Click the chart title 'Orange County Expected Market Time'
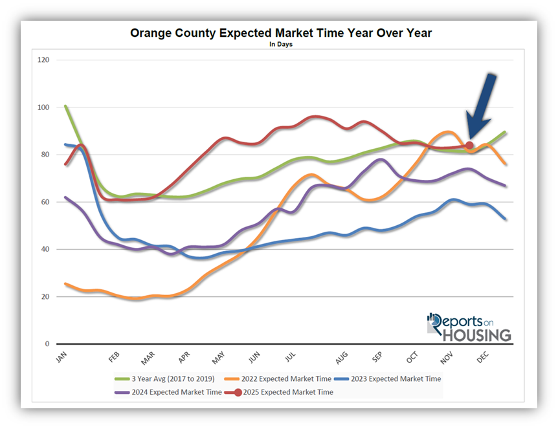[280, 33]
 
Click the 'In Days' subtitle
[280, 45]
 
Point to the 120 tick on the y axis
[44, 60]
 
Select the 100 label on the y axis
[44, 107]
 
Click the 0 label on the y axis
[47, 344]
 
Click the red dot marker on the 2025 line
[469, 146]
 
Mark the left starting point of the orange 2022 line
[66, 284]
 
